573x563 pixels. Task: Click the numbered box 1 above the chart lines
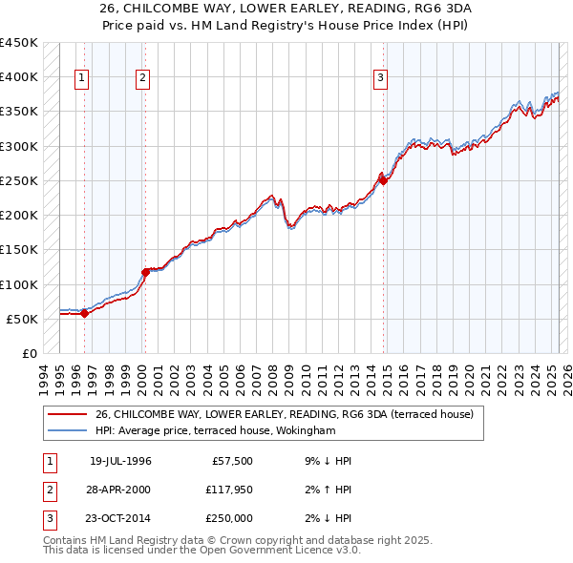coord(82,78)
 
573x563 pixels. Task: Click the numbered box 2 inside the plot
coord(142,78)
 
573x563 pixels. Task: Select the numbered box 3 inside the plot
coord(380,78)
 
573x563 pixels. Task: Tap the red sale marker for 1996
coord(84,313)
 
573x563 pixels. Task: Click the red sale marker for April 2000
coord(145,271)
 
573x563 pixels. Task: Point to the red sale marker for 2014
coord(383,179)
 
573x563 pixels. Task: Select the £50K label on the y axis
coord(23,319)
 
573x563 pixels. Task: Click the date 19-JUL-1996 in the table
coord(120,461)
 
